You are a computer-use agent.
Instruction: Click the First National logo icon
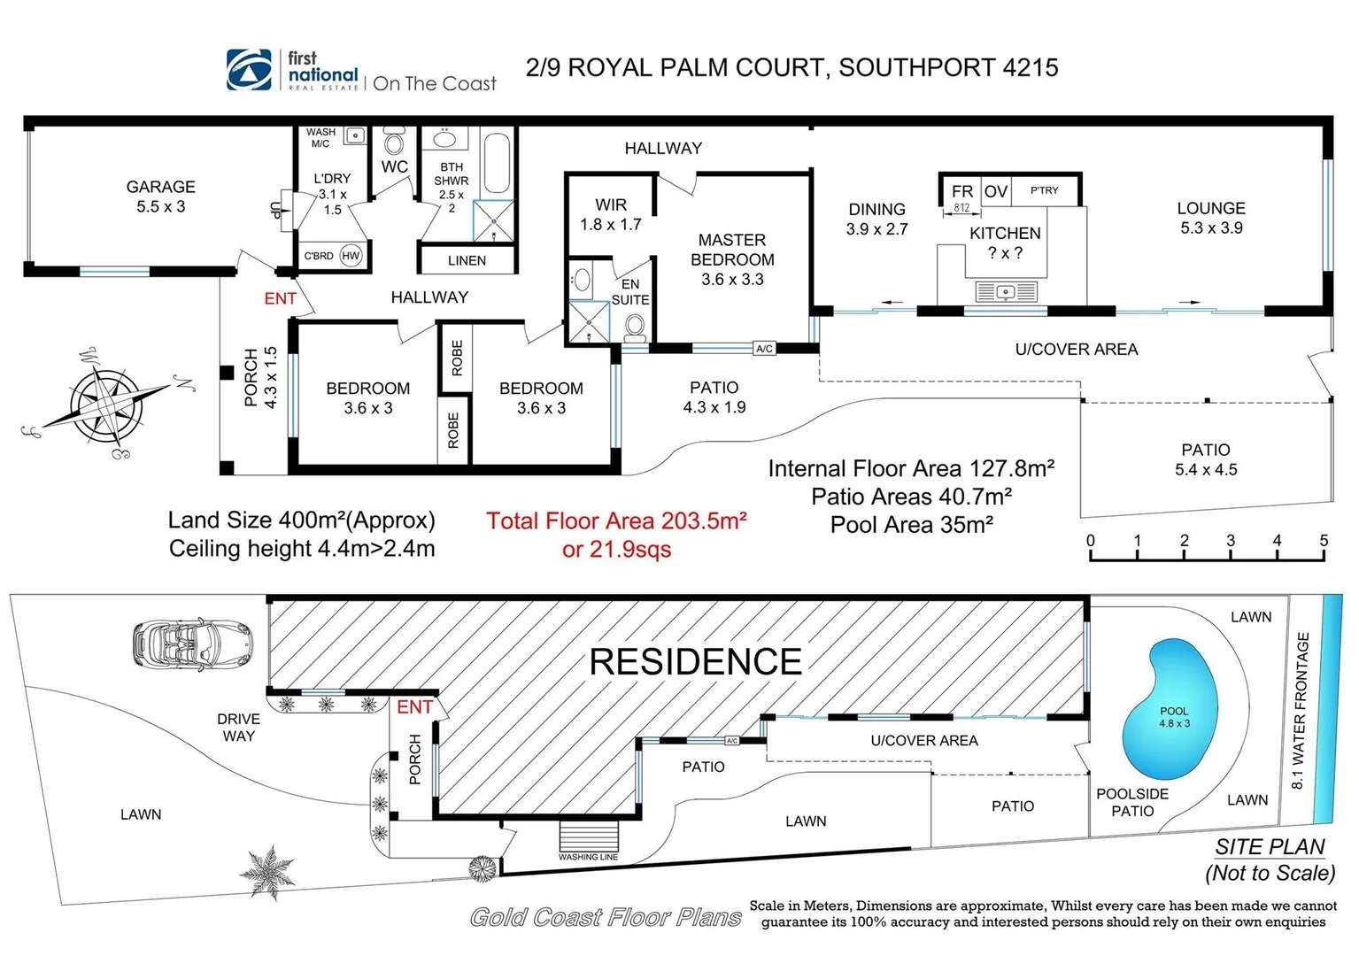249,70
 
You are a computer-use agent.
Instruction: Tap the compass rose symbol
107,404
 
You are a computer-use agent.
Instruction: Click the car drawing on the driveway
193,645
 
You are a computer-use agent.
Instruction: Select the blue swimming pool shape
1170,709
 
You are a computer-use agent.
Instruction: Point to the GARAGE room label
161,187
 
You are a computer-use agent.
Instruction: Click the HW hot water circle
351,256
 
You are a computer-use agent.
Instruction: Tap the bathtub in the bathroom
498,163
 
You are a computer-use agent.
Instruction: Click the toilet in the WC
394,142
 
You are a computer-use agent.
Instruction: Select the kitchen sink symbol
1006,292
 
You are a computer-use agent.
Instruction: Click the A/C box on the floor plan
764,348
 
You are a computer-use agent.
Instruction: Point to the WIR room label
611,204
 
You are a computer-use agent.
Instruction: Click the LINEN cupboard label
467,261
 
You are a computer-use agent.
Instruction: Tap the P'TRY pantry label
1044,190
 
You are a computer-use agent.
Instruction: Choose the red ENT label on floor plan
281,298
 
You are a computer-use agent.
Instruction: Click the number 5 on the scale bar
1324,540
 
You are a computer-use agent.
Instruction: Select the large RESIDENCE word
696,661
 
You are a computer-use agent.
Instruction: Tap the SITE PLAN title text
1270,847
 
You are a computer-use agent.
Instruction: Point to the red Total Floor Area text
616,521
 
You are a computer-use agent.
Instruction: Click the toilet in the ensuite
635,327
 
